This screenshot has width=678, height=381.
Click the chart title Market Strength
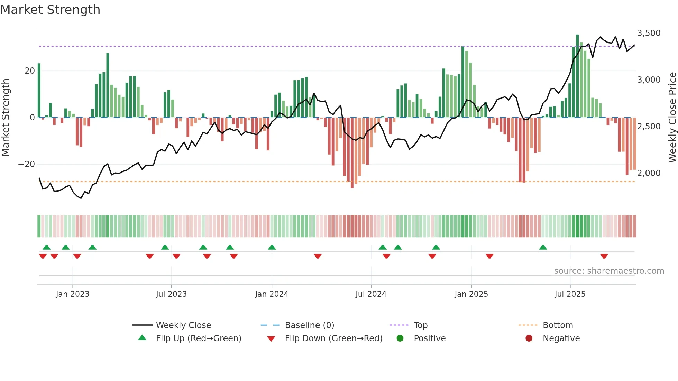point(50,10)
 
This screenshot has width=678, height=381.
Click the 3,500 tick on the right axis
point(649,33)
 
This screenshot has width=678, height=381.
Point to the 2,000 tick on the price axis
point(649,173)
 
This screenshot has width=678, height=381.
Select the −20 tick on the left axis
point(27,164)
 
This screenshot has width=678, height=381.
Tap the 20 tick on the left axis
point(30,71)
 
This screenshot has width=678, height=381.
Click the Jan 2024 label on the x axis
point(272,294)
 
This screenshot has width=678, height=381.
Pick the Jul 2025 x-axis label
point(570,294)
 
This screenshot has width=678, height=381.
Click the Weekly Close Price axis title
point(672,118)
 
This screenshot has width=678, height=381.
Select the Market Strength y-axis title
point(6,118)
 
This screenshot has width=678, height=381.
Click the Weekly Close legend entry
point(183,325)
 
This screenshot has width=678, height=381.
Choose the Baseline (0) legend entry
point(309,325)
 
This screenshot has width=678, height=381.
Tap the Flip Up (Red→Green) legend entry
point(198,338)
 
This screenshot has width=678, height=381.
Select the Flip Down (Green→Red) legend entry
point(333,338)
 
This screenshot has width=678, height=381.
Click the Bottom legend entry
point(558,325)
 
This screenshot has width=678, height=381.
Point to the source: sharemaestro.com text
point(609,271)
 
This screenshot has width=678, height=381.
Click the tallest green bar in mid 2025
point(577,76)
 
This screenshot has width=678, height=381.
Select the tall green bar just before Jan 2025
point(463,82)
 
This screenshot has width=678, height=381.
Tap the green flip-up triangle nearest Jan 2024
point(272,248)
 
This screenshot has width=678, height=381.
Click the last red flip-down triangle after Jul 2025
point(604,256)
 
